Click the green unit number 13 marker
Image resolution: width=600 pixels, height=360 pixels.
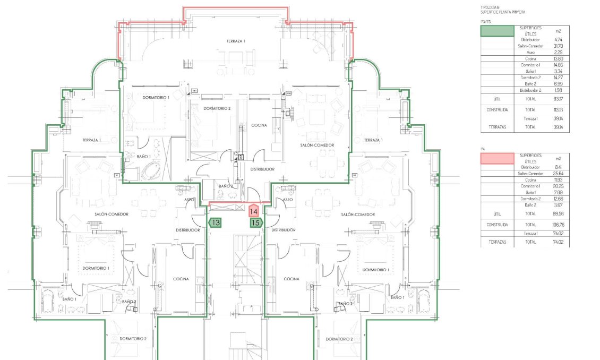coord(215,223)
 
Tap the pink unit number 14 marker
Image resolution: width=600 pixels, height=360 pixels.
coord(254,211)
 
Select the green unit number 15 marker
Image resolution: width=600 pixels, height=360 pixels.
coord(256,223)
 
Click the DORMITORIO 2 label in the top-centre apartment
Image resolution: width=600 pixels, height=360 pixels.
coord(217,108)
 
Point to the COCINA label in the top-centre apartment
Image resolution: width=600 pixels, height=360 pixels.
coord(259,125)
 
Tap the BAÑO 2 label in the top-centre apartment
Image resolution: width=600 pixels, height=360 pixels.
coord(226,186)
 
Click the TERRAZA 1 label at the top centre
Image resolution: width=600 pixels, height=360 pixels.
coord(236,41)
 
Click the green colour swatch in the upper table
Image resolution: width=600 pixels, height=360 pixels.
coord(497,31)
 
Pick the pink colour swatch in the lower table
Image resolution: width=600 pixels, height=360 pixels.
coord(497,158)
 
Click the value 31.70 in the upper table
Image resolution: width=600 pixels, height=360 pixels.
coord(558,46)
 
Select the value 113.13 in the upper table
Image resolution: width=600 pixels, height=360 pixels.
coord(558,110)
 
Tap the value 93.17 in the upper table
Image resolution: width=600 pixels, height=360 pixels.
coord(558,99)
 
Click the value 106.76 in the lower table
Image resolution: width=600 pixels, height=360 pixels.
coord(558,225)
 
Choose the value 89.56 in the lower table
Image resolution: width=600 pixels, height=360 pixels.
coord(558,213)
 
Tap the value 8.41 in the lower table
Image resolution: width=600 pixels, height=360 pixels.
coord(558,167)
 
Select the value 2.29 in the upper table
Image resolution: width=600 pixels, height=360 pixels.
coord(558,53)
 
